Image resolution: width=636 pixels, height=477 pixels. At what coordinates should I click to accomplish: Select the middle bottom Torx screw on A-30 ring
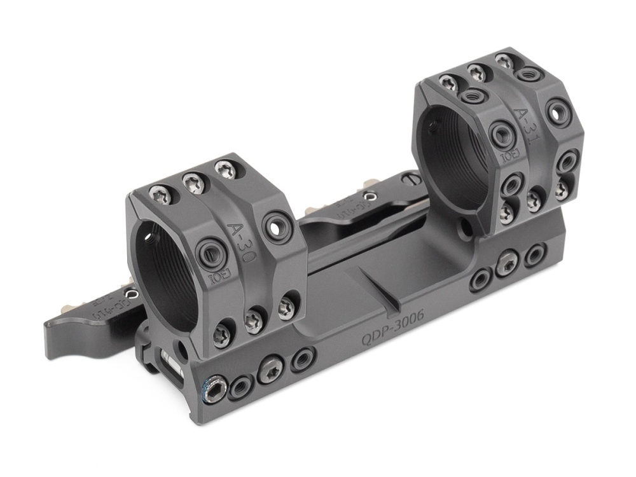pos(254,320)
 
